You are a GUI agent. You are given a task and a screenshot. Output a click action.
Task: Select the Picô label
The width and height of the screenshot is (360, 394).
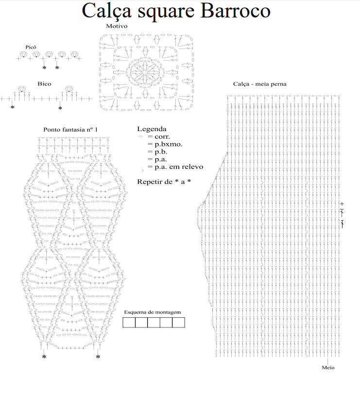[x=31, y=47]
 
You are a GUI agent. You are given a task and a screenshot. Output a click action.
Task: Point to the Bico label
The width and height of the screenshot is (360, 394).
[x=44, y=84]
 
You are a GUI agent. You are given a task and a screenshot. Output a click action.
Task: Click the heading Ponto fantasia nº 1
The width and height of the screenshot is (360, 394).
[x=70, y=130]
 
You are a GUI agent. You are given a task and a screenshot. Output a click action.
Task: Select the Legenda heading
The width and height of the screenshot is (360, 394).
[x=152, y=130]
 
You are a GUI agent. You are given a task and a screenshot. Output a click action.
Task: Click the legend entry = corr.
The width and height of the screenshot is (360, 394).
[x=158, y=137]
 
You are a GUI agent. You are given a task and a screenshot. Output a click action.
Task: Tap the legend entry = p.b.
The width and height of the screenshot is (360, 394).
[x=157, y=152]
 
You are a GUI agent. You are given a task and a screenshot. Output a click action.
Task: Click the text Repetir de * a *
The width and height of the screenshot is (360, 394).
[x=164, y=182]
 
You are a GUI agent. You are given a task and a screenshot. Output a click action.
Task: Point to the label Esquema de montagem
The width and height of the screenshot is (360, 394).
[x=153, y=312]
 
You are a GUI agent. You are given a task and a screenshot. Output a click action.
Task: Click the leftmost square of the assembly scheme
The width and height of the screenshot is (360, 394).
[x=129, y=322]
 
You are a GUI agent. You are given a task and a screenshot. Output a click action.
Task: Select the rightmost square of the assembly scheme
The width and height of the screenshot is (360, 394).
[x=179, y=322]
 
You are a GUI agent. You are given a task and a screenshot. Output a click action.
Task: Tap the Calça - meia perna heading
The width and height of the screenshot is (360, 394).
[x=259, y=84]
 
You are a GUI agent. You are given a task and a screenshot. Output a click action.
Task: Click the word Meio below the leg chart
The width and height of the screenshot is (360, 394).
[x=328, y=367]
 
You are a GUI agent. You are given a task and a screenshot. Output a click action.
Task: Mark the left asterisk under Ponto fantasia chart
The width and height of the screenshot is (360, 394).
[x=44, y=357]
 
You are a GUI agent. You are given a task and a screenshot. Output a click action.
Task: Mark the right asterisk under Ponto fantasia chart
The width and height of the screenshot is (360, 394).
[x=98, y=357]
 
